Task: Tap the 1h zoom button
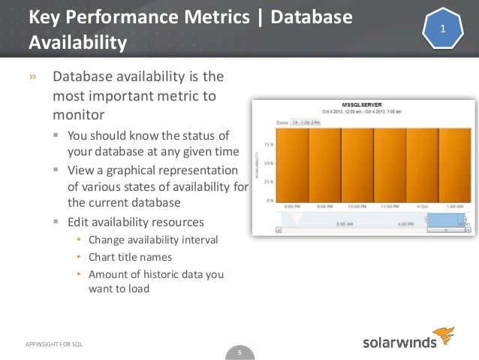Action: pyautogui.click(x=296, y=122)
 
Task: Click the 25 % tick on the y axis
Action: pyautogui.click(x=268, y=182)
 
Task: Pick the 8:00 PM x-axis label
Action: pyautogui.click(x=293, y=206)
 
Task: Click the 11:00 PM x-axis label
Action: pyautogui.click(x=390, y=206)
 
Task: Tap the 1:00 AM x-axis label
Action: pyautogui.click(x=454, y=206)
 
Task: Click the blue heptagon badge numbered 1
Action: pyautogui.click(x=443, y=29)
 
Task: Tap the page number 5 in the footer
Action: pyautogui.click(x=239, y=351)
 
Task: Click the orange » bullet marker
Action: pyautogui.click(x=32, y=77)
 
